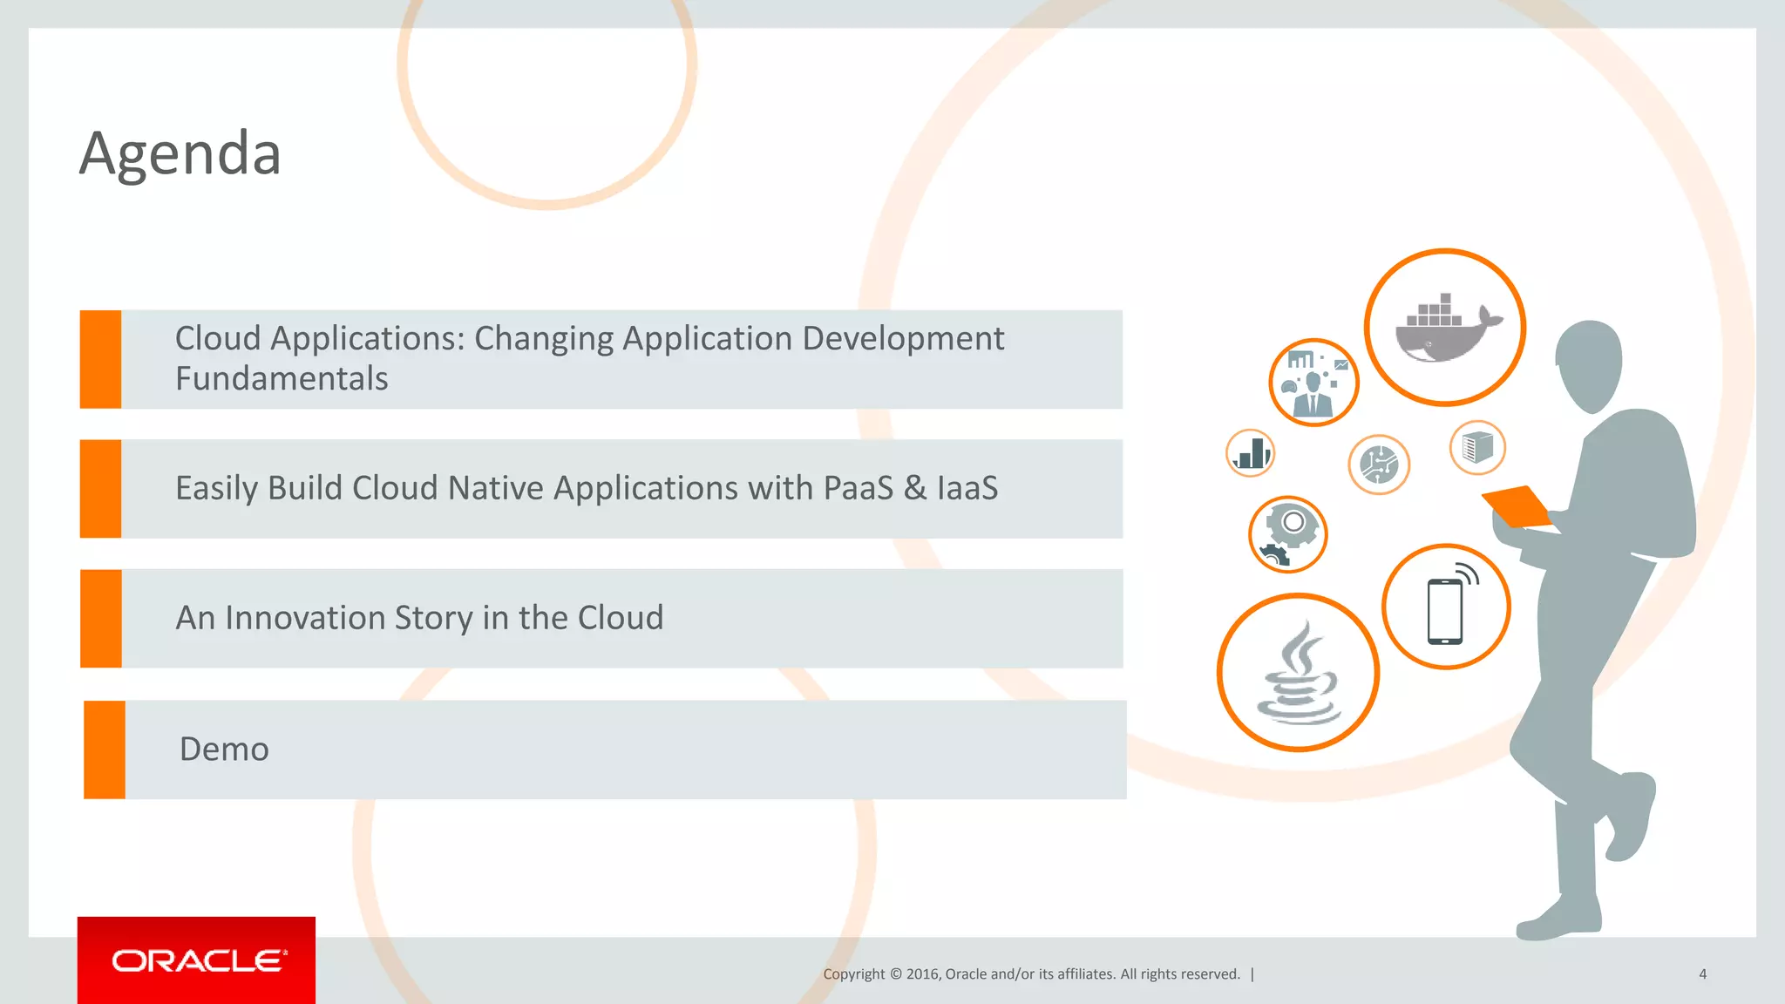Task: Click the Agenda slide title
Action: coord(180,153)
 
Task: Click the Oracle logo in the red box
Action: coord(198,960)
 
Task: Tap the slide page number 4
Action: coord(1702,974)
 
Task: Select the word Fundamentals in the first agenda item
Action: coord(282,379)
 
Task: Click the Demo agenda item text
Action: coord(224,750)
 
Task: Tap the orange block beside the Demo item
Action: coord(105,750)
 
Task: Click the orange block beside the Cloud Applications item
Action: coord(100,359)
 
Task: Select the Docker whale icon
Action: coord(1444,329)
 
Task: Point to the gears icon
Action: coord(1287,534)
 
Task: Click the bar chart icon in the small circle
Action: coord(1251,453)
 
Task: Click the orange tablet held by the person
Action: coord(1517,506)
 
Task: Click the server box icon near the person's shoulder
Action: coord(1477,448)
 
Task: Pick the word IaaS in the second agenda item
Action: coord(967,488)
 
